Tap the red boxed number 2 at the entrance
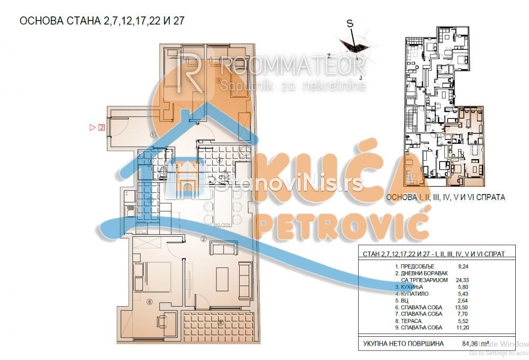[x=102, y=127]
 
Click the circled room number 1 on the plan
[x=152, y=134]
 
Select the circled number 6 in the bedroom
[x=150, y=302]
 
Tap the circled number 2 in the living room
[x=204, y=238]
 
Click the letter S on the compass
[x=350, y=23]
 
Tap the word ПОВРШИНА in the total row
[x=424, y=345]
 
